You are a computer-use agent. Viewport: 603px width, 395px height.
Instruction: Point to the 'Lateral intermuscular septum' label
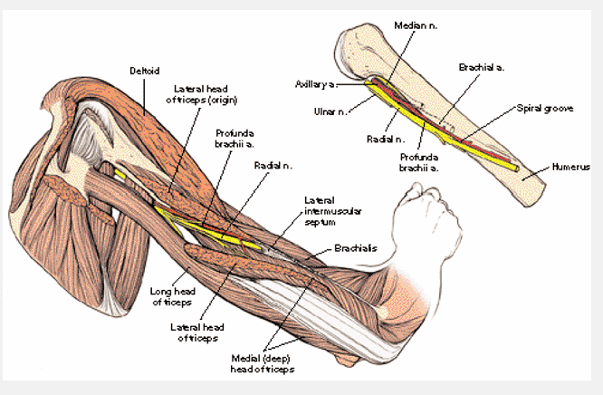pyautogui.click(x=326, y=210)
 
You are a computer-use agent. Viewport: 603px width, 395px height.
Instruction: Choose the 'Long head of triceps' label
pyautogui.click(x=171, y=296)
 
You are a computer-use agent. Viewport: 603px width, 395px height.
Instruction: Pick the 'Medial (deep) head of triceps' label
pyautogui.click(x=263, y=363)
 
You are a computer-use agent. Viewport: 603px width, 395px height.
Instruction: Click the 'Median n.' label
pyautogui.click(x=416, y=26)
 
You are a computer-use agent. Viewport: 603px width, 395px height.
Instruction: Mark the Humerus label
pyautogui.click(x=571, y=168)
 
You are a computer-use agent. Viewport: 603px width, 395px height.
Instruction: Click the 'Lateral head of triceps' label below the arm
pyautogui.click(x=195, y=332)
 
